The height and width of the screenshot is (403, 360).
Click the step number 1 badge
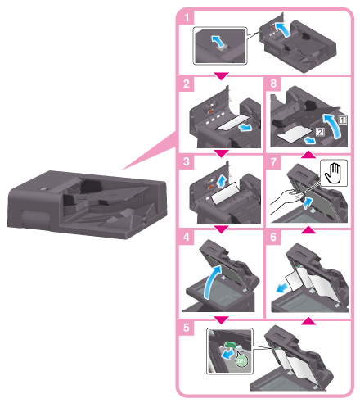187,17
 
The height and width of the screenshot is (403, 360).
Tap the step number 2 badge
187,84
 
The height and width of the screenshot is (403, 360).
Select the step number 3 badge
187,161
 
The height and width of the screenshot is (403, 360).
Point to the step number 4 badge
187,237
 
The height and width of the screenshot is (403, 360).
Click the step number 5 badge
187,327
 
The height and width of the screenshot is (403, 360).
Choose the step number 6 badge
273,237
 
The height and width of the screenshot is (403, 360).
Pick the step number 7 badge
273,162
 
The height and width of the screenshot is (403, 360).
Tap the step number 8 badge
273,84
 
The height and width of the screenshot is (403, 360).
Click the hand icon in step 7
334,173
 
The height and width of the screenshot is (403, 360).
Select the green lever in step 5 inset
230,344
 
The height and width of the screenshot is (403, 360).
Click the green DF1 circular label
241,360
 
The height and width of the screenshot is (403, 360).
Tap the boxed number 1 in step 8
343,120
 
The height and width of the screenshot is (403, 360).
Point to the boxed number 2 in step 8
320,132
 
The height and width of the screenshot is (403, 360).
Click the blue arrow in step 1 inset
218,41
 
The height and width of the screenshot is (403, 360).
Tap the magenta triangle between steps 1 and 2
221,76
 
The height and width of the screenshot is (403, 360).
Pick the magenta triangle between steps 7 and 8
308,154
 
